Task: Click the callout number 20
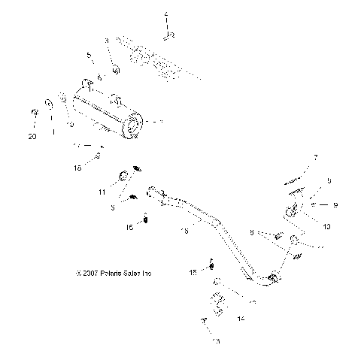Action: pos(32,136)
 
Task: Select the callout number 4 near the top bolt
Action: pos(166,15)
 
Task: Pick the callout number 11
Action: pos(102,193)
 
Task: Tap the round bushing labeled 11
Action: pos(121,178)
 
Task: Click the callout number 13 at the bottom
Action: pos(217,340)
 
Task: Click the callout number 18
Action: pos(98,170)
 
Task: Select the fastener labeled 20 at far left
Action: pos(35,113)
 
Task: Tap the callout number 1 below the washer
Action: pos(53,132)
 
